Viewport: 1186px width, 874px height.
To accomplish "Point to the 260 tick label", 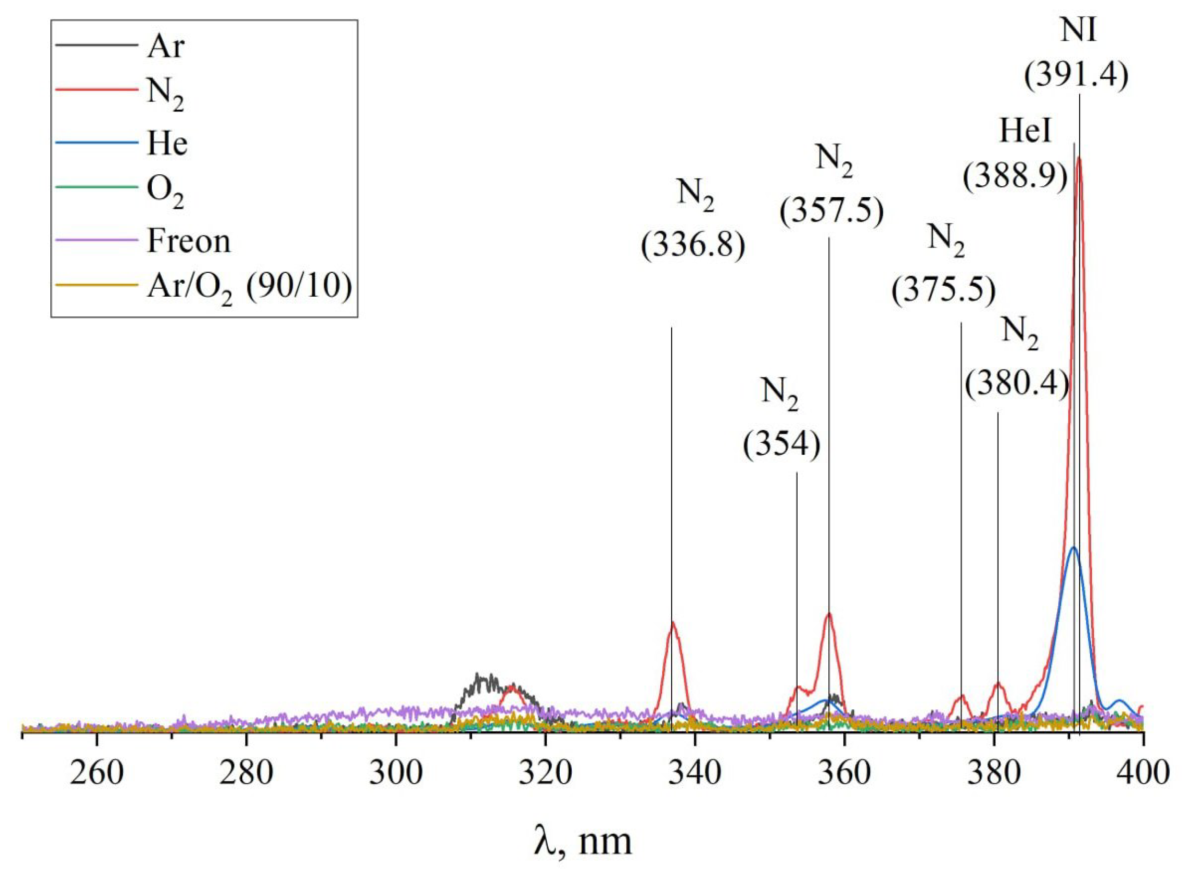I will pyautogui.click(x=96, y=774).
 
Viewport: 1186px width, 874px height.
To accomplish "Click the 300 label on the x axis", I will pyautogui.click(x=396, y=774).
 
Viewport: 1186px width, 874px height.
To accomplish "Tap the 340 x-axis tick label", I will pyautogui.click(x=695, y=774).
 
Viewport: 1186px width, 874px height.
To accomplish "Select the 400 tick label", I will pyautogui.click(x=1143, y=774).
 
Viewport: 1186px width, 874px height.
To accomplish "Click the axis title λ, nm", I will pyautogui.click(x=583, y=841).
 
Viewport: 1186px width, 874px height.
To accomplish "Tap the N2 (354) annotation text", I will pyautogui.click(x=781, y=423).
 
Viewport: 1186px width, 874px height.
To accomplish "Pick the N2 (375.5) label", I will pyautogui.click(x=944, y=270).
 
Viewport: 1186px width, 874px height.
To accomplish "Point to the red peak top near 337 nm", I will pyautogui.click(x=673, y=623).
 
